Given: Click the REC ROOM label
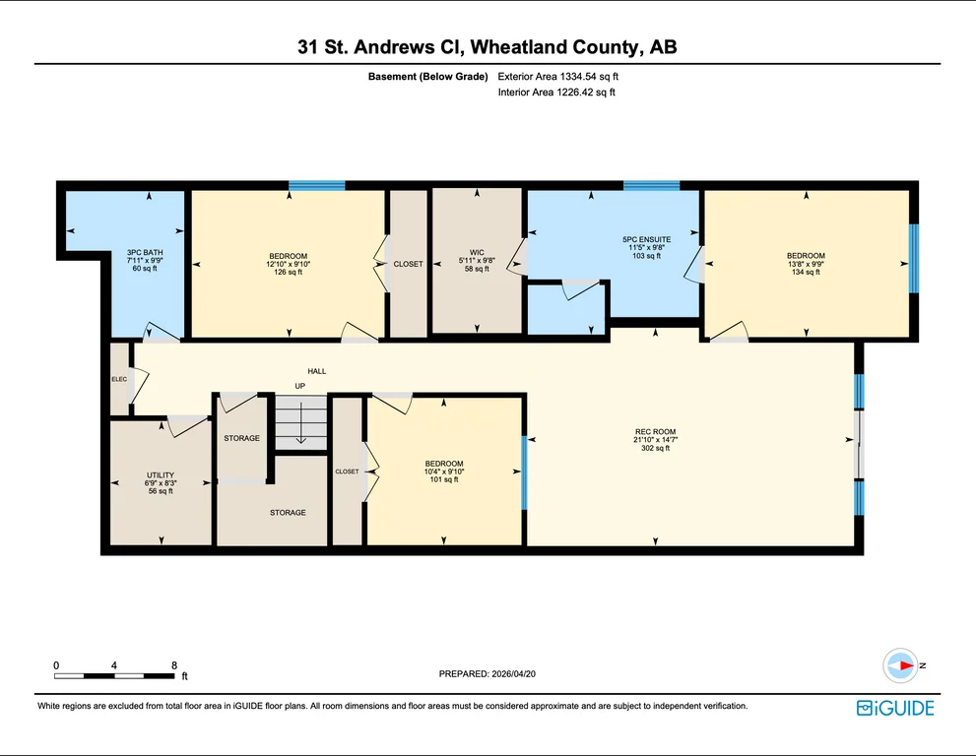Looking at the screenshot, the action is point(656,431).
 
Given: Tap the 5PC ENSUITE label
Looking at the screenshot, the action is point(647,239).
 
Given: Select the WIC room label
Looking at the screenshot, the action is point(477,253).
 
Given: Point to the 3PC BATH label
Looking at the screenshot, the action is point(145,253).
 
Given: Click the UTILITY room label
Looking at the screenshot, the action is point(161,474).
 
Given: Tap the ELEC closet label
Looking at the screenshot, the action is point(119,379).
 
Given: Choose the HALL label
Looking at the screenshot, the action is point(317,371).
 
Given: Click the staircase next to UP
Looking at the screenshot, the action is point(301,422).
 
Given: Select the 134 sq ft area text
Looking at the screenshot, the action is point(806,272).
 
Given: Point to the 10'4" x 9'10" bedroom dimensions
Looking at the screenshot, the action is point(444,472).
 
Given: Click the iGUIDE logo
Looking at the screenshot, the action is point(895,708).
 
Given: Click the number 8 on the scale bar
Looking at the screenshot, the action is point(174,665).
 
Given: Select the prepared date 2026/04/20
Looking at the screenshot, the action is point(513,674).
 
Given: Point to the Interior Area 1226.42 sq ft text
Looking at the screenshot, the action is point(556,93).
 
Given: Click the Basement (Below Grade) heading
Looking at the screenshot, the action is point(427,77).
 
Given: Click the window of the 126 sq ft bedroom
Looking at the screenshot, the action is point(317,185).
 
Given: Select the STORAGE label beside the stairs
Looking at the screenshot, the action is point(242,438).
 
